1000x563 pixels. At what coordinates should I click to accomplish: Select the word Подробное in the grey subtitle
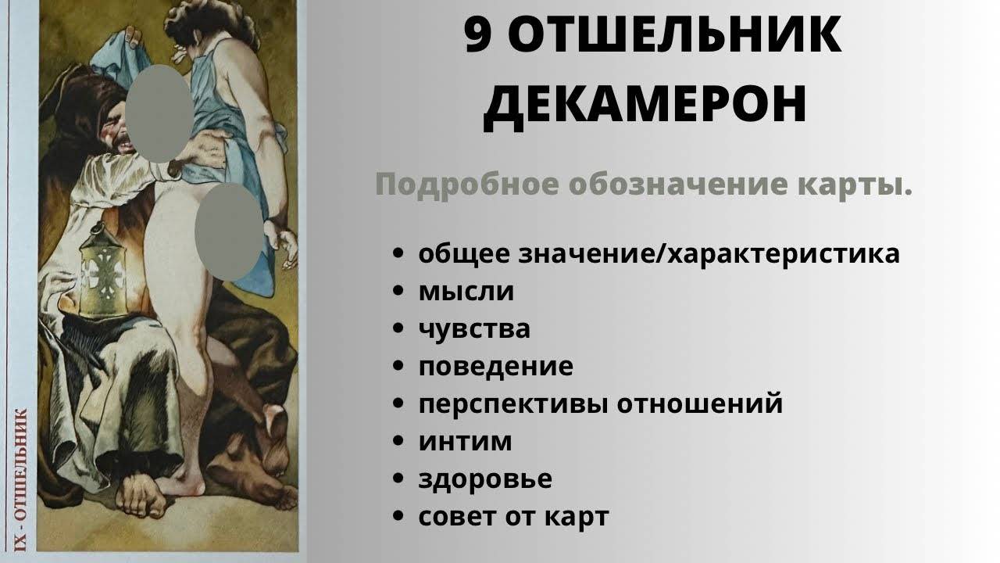[x=467, y=185]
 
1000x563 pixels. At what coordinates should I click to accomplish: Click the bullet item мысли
[x=466, y=292]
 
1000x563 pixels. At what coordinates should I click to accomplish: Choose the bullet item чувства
[x=474, y=329]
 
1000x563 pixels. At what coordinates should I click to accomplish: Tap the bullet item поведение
[x=495, y=368]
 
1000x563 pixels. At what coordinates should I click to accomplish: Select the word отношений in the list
[x=699, y=404]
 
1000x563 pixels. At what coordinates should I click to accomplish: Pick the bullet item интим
[x=465, y=442]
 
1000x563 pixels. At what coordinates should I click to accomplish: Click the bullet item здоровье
[x=485, y=479]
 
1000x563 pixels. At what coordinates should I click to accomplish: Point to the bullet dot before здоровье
[x=398, y=479]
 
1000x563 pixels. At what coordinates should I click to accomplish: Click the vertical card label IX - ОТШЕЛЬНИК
[x=20, y=479]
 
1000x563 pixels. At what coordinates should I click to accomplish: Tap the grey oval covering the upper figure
[x=159, y=113]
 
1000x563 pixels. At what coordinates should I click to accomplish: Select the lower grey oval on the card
[x=229, y=232]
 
